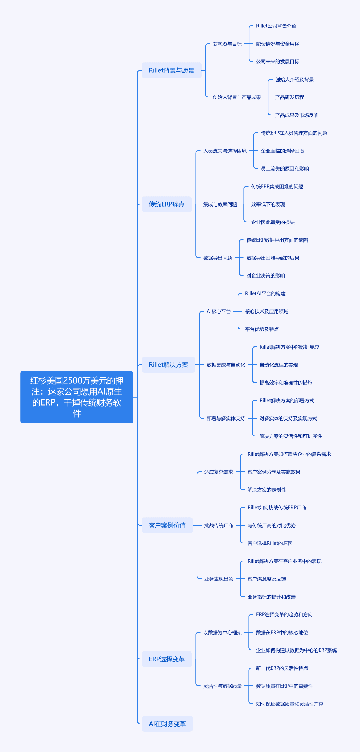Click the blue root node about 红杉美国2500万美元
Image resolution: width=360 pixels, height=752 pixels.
coord(77,397)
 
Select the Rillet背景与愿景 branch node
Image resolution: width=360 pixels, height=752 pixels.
coord(171,70)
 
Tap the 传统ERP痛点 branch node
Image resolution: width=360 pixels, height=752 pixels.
coord(167,204)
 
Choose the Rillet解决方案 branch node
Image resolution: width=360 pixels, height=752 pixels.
coord(168,365)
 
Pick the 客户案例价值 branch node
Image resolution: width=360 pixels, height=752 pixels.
coord(167,525)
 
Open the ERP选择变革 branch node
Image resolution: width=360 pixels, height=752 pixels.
coord(167,659)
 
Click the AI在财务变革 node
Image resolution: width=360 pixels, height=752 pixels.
coord(167,724)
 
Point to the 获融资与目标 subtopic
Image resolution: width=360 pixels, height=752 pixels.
coord(227,44)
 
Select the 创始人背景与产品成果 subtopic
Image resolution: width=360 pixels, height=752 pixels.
coord(237,97)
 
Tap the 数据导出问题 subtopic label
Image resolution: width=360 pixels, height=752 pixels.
coord(218,258)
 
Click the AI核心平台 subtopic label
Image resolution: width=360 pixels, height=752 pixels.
coord(219,312)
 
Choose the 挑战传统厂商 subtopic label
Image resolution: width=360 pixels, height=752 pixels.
coord(219,526)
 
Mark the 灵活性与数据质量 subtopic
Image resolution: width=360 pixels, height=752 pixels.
coord(223,686)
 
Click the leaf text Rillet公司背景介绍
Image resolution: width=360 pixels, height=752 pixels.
coord(276,26)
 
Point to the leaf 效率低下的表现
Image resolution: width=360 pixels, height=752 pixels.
coord(268,204)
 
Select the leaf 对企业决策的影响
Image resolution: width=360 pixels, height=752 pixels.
coord(266,276)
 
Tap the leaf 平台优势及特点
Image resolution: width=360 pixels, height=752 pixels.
coord(262,329)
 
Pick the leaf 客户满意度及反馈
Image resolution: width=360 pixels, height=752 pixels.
coord(267,579)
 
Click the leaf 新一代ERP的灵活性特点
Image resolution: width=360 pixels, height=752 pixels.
coord(282,668)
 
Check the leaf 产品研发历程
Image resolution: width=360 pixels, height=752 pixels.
coord(290,97)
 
